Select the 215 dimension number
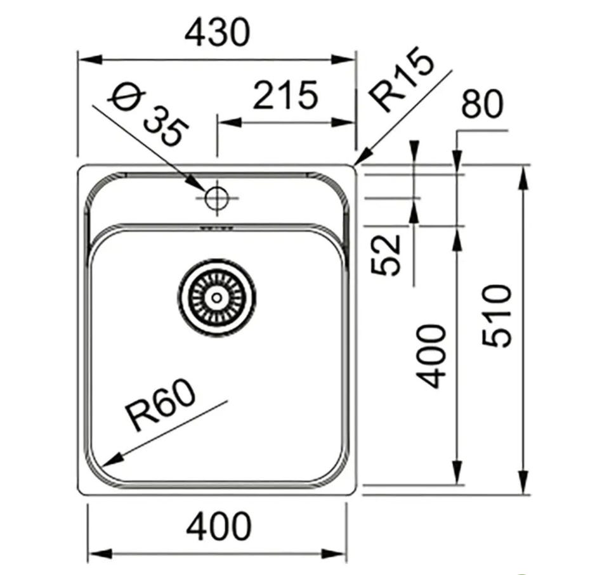pos(285,94)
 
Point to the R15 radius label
pos(402,80)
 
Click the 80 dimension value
pos(482,104)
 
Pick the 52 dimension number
pos(386,254)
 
